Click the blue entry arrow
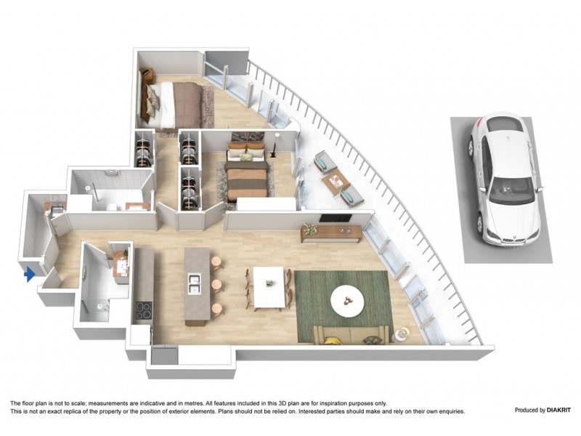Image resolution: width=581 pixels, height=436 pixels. click(x=30, y=274)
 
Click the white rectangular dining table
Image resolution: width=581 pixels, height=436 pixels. click(x=267, y=285)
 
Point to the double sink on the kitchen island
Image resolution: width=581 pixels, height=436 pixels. click(x=194, y=283)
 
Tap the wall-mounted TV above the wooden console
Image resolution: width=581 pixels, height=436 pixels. click(x=337, y=219)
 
